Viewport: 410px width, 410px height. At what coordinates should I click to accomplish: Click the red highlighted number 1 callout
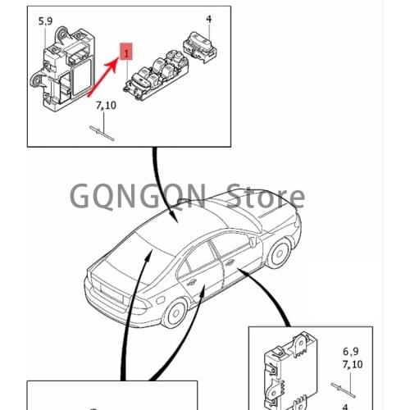(125, 50)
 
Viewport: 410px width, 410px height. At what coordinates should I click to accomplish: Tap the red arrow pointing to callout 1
(103, 73)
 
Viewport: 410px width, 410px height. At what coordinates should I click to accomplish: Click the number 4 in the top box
(208, 18)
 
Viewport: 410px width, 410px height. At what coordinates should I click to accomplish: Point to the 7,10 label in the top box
(106, 105)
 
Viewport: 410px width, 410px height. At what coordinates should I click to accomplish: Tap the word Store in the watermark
(265, 197)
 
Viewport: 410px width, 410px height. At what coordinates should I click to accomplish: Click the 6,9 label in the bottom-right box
(351, 350)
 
